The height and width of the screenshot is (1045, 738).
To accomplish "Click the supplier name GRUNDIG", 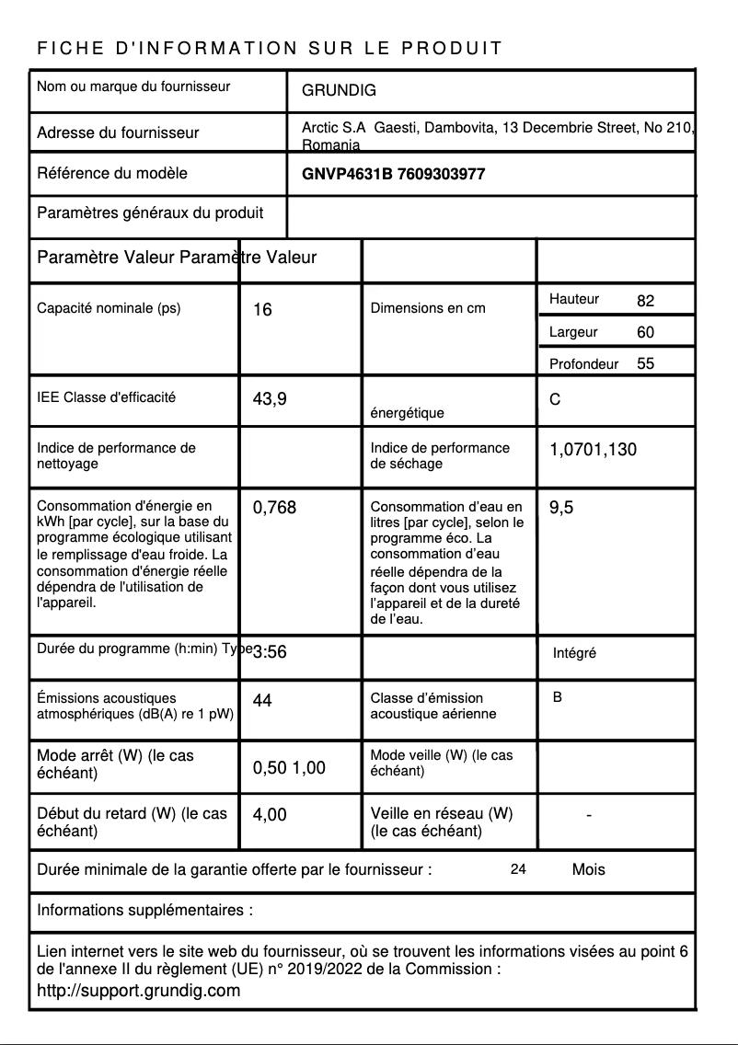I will tap(339, 91).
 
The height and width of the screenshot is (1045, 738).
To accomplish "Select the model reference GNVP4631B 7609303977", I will tap(393, 174).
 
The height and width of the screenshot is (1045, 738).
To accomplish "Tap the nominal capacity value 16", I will tap(262, 310).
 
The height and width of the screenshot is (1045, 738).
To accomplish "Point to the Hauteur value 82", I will tap(645, 301).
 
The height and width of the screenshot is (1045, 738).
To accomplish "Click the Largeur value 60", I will tap(645, 332).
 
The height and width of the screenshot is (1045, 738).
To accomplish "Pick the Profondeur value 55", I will tap(645, 363).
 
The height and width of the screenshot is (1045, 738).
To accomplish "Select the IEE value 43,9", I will tap(270, 399).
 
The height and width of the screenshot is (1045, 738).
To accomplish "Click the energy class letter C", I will tap(555, 400).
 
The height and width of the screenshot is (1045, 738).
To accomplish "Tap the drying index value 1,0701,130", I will tap(593, 450).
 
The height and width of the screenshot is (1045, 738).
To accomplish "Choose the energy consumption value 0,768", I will tap(274, 507).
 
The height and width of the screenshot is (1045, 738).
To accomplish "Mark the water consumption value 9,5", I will tap(561, 507).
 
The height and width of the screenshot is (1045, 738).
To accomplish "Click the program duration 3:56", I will tap(270, 652).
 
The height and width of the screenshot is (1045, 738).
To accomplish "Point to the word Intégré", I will tap(574, 653).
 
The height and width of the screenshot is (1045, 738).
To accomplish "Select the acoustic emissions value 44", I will tap(262, 701).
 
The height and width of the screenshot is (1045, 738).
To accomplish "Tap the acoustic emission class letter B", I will tap(558, 698).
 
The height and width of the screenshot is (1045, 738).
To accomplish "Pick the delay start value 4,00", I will tap(270, 814).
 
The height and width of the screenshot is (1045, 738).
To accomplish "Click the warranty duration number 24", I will tap(518, 869).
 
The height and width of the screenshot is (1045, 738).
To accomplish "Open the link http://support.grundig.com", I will tap(138, 991).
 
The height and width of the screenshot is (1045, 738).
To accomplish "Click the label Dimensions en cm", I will tap(428, 308).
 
